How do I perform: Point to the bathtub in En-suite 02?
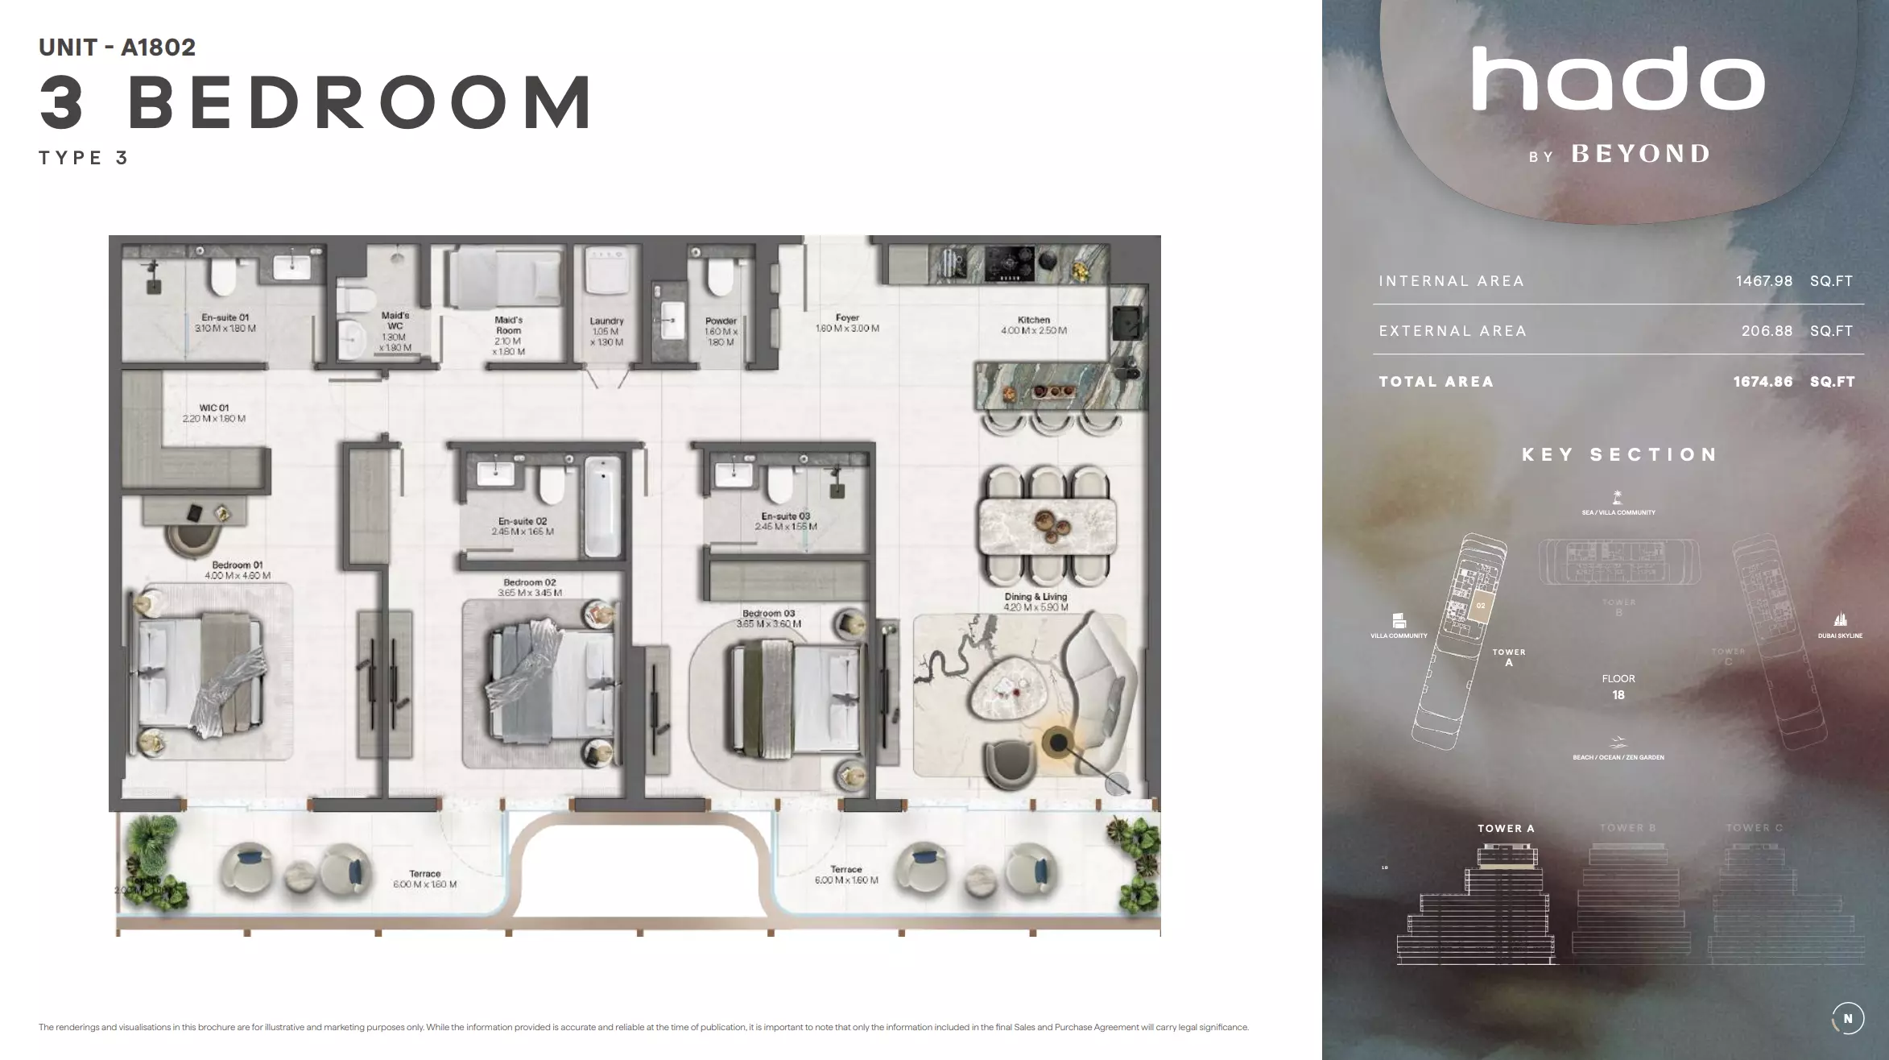coord(602,507)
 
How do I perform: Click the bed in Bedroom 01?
coord(201,677)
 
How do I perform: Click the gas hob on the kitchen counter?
coord(1011,263)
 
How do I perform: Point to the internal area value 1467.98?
coord(1763,281)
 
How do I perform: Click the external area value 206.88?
coord(1767,331)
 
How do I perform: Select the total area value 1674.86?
coord(1763,382)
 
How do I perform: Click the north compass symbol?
coord(1847,1019)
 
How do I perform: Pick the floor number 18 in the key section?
coord(1618,695)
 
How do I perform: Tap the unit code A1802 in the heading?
coord(158,48)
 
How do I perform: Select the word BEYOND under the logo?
coord(1641,154)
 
